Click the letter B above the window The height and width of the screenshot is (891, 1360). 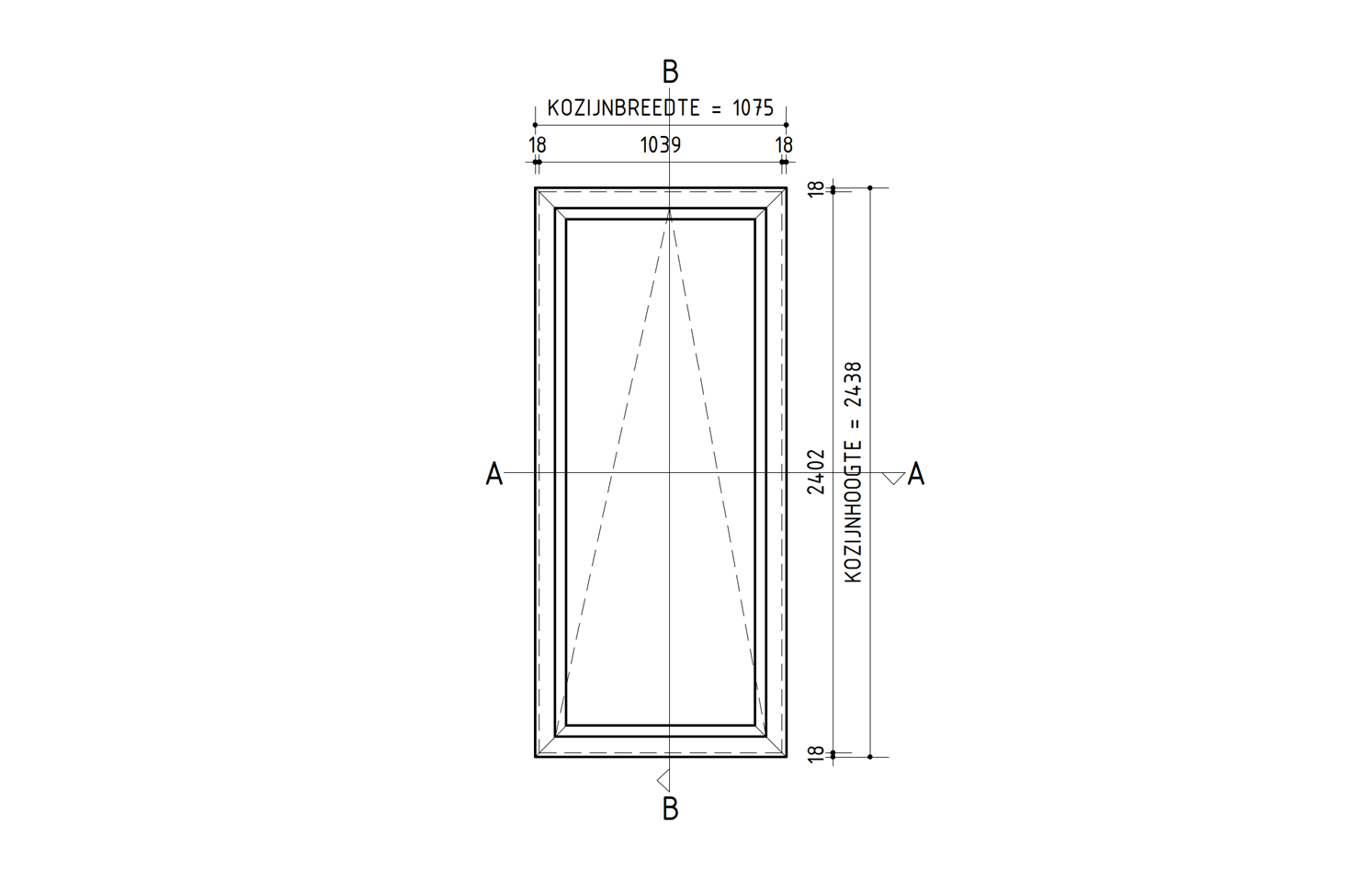pos(670,72)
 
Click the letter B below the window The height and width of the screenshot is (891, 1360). pos(670,808)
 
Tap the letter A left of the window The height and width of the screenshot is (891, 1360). pos(494,473)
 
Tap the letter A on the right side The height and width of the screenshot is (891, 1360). pos(915,473)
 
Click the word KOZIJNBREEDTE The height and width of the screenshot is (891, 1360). pos(624,108)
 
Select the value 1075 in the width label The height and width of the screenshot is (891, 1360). pos(753,108)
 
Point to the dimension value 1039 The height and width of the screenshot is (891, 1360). pos(661,145)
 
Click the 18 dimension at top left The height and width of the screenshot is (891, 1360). pos(538,145)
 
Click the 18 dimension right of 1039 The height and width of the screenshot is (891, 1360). pos(784,145)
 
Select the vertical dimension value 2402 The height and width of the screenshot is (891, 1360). pos(816,471)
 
